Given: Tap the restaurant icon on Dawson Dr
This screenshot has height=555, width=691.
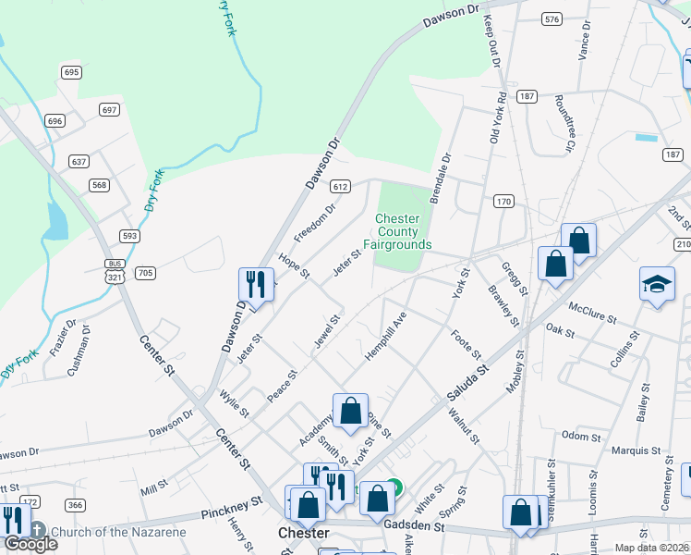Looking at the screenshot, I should click(x=256, y=284).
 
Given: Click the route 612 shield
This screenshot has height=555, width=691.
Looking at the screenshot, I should click(x=341, y=186).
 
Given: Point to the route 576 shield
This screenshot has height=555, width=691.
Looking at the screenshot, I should click(x=552, y=18).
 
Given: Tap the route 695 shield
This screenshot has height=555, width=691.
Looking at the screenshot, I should click(x=72, y=72).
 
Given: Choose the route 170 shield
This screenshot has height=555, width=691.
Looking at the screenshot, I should click(x=503, y=201).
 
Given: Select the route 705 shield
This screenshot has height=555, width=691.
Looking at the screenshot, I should click(x=145, y=273).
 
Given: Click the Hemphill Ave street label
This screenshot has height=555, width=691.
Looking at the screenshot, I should click(x=385, y=336).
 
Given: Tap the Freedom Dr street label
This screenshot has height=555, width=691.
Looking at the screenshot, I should click(x=314, y=220).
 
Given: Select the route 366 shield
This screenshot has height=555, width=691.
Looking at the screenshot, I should click(x=75, y=504).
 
